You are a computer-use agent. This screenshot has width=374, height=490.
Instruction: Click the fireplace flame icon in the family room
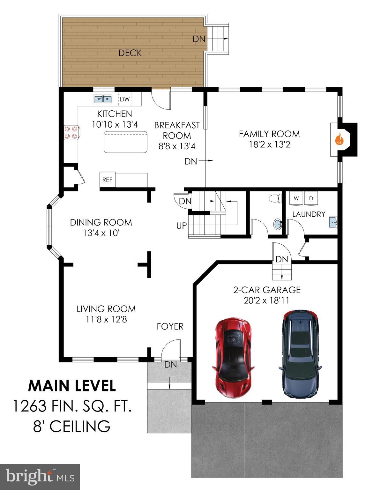click(339, 139)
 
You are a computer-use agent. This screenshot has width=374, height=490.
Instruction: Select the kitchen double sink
click(103, 99)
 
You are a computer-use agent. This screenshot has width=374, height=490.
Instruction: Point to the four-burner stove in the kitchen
click(71, 132)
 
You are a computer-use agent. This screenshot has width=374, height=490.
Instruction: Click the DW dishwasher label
click(125, 99)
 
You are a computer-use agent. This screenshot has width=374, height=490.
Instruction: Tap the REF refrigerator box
click(107, 180)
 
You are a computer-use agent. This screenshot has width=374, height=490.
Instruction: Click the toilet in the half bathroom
click(274, 198)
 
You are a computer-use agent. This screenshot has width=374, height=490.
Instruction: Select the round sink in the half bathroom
click(278, 224)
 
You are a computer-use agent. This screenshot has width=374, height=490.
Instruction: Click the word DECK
click(130, 53)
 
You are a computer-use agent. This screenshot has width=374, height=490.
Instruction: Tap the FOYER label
click(170, 326)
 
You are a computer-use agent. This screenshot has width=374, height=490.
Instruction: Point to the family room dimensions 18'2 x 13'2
click(269, 145)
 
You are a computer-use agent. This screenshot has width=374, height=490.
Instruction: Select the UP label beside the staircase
click(181, 226)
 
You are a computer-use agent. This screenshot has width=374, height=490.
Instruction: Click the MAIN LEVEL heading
click(72, 386)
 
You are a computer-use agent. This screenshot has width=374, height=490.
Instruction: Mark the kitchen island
click(126, 142)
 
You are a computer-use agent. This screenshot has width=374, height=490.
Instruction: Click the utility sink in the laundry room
click(333, 221)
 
